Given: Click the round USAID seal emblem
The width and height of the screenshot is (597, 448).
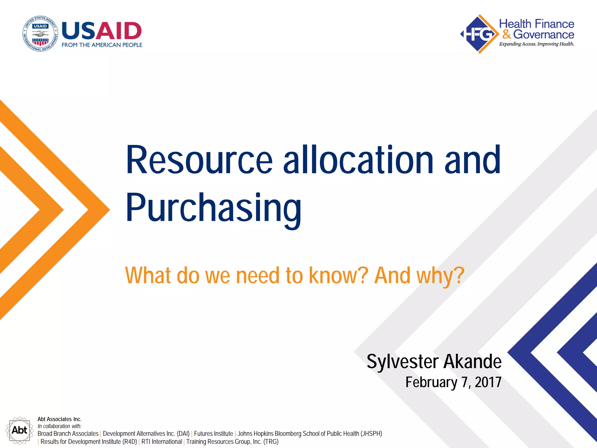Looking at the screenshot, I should point(40,34).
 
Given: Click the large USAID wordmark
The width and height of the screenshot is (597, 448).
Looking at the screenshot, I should point(102,31).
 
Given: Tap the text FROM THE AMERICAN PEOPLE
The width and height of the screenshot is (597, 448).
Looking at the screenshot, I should point(102,45).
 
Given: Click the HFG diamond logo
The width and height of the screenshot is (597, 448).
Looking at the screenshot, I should point(479,34).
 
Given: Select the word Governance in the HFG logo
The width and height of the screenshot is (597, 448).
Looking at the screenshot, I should point(543,34).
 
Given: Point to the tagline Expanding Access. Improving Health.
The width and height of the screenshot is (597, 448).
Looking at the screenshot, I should point(536,44).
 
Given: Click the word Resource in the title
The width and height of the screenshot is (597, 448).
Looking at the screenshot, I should point(199,160).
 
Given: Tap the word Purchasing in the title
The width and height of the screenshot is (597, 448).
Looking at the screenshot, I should point(213,208).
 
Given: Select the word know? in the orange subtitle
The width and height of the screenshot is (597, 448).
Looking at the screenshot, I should point(338,275).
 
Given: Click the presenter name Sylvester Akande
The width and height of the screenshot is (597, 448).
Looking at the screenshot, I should point(434,362).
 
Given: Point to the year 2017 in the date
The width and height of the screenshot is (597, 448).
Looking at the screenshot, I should point(488,382).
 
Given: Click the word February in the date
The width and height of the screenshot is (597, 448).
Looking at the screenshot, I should point(431,382).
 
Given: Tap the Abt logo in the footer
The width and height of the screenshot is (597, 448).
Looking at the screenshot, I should point(19,430).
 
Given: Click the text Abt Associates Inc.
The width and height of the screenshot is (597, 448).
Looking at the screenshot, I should point(59,419).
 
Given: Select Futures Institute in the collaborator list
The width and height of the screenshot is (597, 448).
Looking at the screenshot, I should point(213,434).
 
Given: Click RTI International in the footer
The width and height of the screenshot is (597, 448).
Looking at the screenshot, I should point(161,442).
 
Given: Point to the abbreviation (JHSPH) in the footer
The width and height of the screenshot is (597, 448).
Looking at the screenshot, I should point(371,434).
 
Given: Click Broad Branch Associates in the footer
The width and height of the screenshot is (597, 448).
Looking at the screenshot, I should point(68,434).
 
